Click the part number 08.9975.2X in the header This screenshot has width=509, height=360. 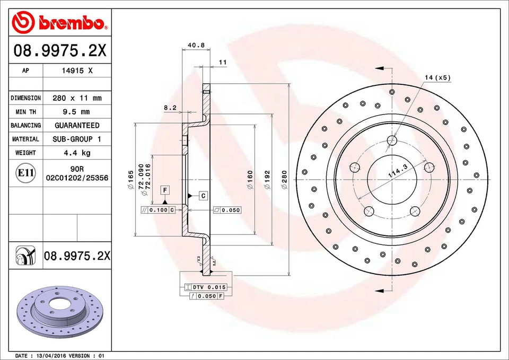[60, 51]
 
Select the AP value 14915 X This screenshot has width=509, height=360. [77, 71]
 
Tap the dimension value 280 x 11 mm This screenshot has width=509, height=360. [77, 98]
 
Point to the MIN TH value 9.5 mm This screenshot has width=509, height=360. [77, 112]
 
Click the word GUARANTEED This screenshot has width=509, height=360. [77, 126]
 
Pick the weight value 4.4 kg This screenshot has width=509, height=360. [77, 153]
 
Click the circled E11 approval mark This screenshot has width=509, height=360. [25, 173]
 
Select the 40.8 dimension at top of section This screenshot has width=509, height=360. [196, 46]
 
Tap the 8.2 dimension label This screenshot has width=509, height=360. [170, 108]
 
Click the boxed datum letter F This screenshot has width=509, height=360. [165, 190]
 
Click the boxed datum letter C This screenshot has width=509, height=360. [203, 196]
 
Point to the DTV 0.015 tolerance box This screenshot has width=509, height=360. [209, 287]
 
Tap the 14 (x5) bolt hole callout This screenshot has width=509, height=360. [437, 78]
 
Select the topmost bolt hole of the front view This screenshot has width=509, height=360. [392, 141]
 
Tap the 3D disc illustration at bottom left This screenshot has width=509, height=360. [59, 314]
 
